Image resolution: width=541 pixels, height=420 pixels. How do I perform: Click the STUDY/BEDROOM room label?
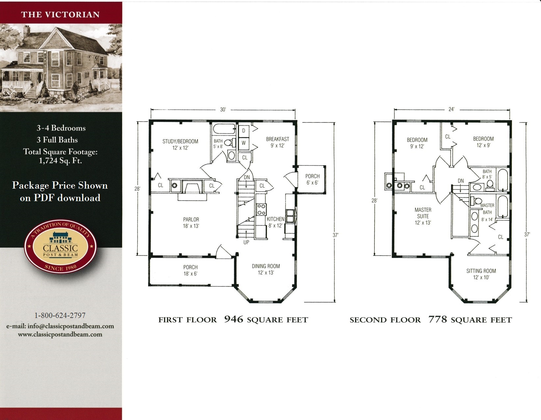(x=180, y=144)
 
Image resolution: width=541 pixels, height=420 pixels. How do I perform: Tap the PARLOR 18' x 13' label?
(x=191, y=223)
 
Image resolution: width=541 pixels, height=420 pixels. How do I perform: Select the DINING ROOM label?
(x=266, y=269)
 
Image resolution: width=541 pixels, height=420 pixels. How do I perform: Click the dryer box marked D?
(x=244, y=131)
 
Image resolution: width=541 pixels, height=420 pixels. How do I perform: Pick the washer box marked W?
(x=244, y=143)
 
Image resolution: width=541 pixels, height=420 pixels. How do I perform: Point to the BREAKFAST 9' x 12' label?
(x=277, y=142)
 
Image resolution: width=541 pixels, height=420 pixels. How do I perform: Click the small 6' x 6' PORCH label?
(x=312, y=179)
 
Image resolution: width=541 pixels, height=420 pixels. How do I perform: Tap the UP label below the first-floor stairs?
(x=246, y=242)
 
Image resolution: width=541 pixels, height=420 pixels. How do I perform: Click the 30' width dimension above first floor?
(x=223, y=110)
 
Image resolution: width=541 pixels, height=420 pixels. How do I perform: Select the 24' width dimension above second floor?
(x=451, y=109)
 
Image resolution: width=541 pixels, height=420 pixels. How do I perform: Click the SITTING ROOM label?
(x=481, y=274)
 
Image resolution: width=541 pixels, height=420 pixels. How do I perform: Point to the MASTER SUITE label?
(x=423, y=216)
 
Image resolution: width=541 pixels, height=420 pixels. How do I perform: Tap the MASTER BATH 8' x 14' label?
(x=487, y=212)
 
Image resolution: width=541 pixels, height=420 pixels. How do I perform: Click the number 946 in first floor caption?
(x=234, y=319)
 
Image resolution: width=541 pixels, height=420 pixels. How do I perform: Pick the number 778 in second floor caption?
(x=438, y=319)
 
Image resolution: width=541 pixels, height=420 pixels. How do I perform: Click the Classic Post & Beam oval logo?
(x=60, y=247)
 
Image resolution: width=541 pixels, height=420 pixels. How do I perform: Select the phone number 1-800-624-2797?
(x=60, y=315)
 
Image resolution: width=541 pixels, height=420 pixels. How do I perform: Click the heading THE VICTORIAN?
(x=60, y=14)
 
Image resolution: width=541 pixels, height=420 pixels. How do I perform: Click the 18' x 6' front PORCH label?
(x=190, y=270)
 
